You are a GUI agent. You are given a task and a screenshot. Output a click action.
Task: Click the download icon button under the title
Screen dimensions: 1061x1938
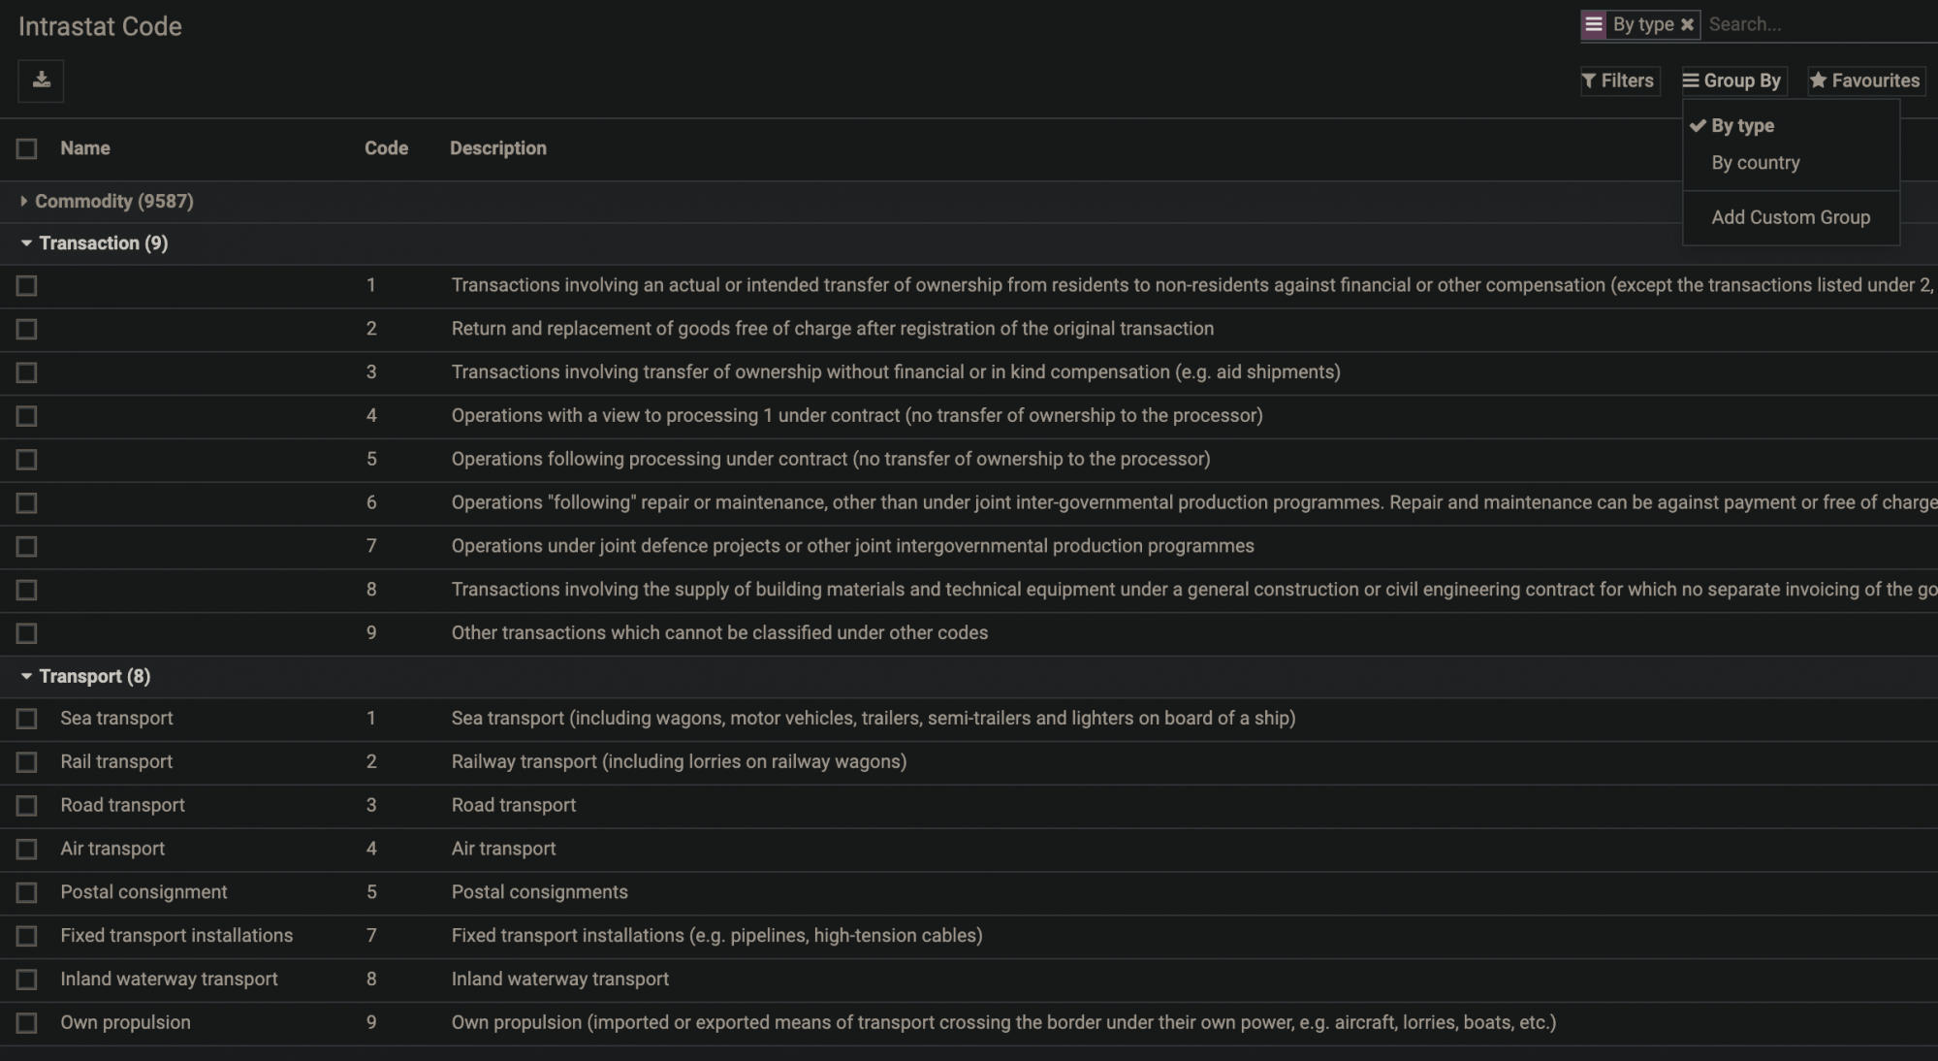point(41,80)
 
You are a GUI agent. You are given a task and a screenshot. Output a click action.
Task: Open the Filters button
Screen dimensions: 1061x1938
point(1619,80)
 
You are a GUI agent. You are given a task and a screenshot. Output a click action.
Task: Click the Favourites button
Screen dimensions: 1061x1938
point(1865,80)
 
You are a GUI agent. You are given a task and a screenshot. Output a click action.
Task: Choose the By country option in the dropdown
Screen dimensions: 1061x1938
point(1755,163)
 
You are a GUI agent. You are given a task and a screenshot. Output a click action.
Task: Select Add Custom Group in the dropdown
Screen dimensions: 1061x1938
point(1790,217)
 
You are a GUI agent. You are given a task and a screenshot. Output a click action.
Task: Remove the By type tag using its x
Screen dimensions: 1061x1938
point(1687,25)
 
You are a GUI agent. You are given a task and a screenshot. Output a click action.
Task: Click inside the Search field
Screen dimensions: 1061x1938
point(1813,25)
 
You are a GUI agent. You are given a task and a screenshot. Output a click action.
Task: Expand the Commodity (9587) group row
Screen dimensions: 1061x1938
point(113,202)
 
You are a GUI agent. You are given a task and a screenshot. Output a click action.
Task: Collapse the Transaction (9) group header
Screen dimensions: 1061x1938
point(103,243)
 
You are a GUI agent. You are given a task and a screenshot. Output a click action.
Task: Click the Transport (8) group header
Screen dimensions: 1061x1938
point(94,677)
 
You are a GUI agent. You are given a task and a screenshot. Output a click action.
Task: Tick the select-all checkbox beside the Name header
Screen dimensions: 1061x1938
point(26,148)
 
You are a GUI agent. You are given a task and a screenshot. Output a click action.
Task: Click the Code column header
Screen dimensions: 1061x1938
point(386,148)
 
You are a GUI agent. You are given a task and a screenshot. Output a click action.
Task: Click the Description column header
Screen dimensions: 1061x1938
point(497,148)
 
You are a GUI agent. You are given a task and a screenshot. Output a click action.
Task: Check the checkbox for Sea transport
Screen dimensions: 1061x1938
point(26,719)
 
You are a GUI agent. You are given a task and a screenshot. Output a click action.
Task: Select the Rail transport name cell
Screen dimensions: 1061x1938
point(116,762)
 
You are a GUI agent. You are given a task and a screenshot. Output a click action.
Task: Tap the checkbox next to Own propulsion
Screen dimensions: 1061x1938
point(26,1023)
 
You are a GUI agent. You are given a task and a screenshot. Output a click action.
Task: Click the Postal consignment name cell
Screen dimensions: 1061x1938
point(143,892)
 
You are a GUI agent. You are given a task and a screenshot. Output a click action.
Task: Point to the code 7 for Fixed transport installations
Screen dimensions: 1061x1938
point(371,936)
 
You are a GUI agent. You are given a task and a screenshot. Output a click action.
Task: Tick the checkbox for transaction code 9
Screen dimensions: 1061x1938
point(26,633)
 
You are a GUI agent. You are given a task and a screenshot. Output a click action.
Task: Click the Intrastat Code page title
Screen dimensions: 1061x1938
point(100,26)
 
